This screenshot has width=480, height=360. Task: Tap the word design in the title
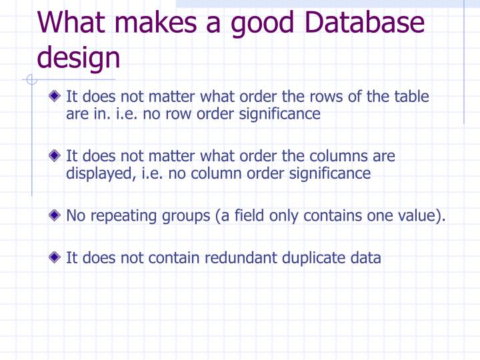[x=79, y=57]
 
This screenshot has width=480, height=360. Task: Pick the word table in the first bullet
[x=412, y=97]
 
